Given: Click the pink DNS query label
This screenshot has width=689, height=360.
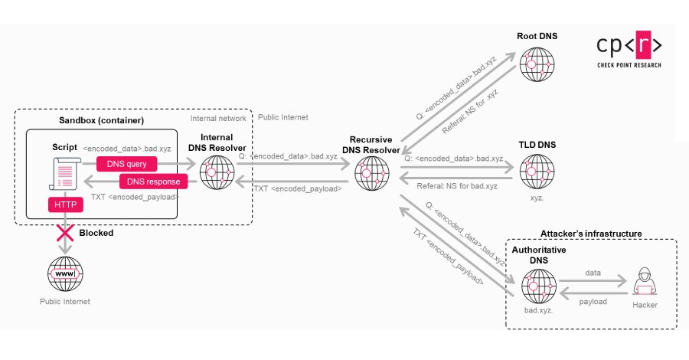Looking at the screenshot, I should click(126, 163).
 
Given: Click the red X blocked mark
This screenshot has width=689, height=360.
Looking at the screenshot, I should click(64, 232).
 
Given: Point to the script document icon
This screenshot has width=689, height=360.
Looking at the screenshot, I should click(66, 173).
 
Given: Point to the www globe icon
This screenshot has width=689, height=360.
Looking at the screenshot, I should click(64, 273).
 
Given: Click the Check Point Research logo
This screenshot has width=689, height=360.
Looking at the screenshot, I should click(629, 51).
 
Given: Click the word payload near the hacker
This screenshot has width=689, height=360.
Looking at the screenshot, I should click(592, 302).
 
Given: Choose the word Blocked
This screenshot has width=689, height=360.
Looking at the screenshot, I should click(96, 233).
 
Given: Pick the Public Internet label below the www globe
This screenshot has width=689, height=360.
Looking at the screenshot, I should click(64, 301).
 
